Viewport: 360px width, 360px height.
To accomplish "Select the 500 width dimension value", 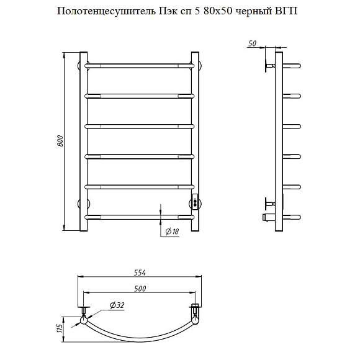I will (x=141, y=288).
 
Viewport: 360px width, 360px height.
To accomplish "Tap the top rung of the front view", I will (x=140, y=65).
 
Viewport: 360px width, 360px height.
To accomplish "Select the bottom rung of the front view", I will (x=140, y=217).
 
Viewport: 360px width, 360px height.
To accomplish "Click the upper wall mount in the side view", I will (x=269, y=65).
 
